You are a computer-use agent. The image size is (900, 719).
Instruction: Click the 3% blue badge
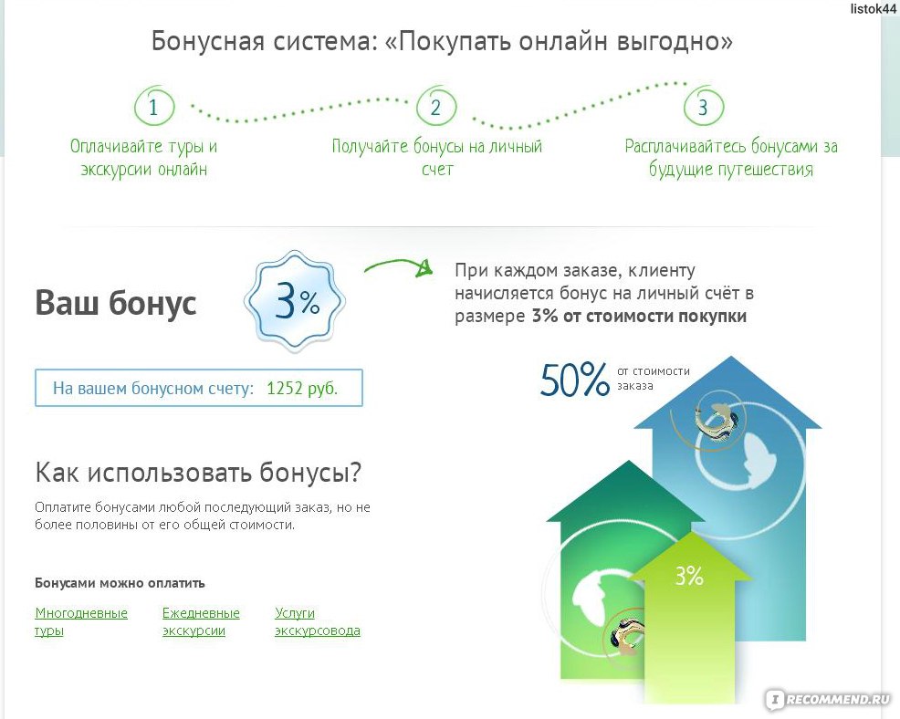295,301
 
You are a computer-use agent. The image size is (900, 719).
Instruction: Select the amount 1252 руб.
302,389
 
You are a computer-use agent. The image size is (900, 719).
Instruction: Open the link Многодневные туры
81,621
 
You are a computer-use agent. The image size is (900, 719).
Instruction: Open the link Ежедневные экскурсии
201,621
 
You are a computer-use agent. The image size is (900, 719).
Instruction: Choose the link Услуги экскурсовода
318,621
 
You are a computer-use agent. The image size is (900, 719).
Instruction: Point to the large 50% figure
574,380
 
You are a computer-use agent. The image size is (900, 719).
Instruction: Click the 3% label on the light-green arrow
689,576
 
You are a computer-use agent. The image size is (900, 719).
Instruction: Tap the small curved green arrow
398,266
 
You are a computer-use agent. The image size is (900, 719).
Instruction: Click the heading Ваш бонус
115,302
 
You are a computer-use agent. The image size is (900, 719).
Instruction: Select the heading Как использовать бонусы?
199,473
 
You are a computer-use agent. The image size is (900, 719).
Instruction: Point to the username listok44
873,8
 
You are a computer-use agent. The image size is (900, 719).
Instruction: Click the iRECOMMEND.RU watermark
830,699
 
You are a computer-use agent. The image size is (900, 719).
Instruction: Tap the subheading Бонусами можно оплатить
120,583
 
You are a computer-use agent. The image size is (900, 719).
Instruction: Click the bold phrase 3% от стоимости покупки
639,317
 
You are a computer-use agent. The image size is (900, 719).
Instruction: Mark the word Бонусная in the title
206,41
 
